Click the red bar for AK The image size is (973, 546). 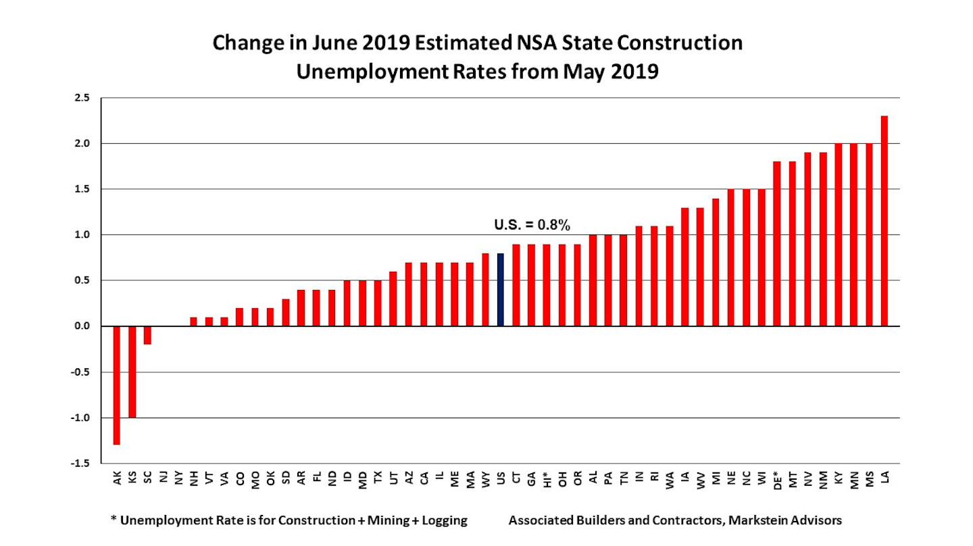116,385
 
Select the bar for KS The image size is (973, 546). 132,372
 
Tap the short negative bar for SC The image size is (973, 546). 147,335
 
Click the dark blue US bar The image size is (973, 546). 501,290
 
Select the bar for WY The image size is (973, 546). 485,290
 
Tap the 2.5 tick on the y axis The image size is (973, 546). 82,98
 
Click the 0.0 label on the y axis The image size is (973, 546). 82,326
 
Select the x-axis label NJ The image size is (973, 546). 163,478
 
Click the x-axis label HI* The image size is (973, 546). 547,480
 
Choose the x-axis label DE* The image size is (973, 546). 777,480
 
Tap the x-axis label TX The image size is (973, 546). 378,478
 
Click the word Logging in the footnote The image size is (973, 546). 445,521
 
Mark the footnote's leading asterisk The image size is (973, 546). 114,520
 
